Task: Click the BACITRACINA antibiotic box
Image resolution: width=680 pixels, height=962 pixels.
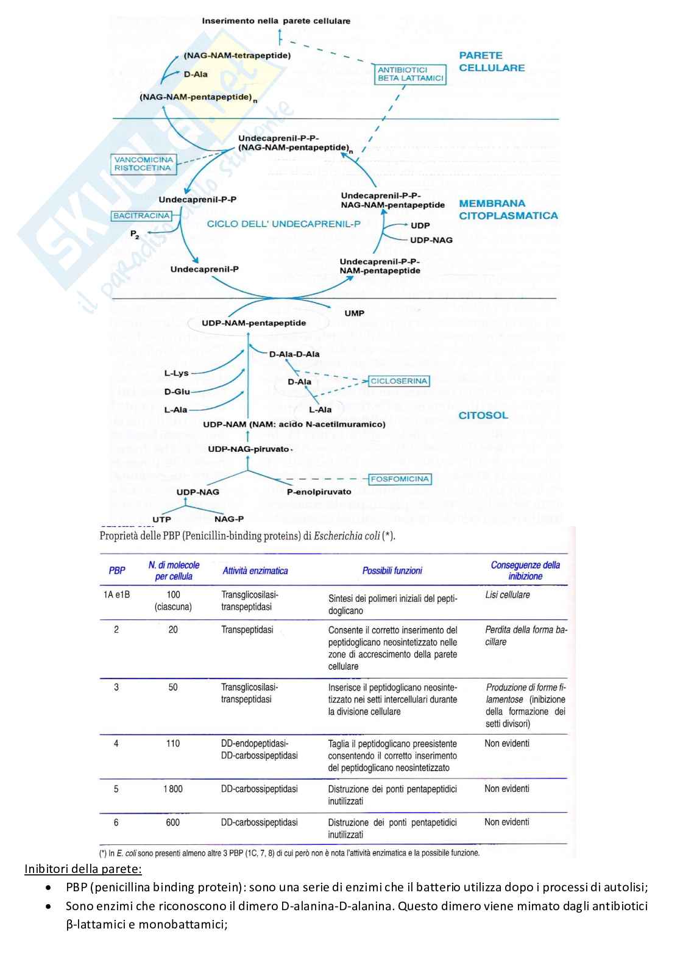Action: tap(141, 216)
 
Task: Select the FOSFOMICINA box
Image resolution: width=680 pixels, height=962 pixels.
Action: tap(400, 479)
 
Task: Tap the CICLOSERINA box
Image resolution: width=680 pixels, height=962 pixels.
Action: tap(399, 381)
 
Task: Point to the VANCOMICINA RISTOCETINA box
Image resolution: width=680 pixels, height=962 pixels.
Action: tap(143, 163)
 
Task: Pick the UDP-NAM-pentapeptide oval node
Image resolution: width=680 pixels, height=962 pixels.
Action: tap(254, 323)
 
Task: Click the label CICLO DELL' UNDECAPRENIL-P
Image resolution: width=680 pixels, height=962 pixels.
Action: tap(283, 224)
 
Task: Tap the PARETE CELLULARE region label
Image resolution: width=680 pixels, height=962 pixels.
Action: tap(491, 62)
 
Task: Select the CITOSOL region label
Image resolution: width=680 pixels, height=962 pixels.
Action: tap(483, 415)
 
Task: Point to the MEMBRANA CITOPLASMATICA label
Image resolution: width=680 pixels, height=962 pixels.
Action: tap(508, 209)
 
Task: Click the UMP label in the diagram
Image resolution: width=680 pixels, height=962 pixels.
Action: tap(354, 313)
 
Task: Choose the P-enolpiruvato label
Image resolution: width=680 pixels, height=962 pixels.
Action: tap(319, 492)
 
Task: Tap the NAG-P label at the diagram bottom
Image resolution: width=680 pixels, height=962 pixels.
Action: tap(229, 519)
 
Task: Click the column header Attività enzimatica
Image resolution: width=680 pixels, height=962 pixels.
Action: tap(255, 571)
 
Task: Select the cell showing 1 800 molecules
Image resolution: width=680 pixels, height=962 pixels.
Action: tap(172, 789)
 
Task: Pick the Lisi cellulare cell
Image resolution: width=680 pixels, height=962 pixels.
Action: tap(507, 594)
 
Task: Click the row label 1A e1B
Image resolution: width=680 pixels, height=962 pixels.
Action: tap(116, 594)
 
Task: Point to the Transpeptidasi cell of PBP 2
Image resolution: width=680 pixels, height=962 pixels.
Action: tap(247, 630)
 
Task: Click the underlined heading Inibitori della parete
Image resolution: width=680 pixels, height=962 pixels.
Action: tap(83, 869)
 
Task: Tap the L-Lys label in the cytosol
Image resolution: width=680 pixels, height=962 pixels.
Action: tap(176, 373)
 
